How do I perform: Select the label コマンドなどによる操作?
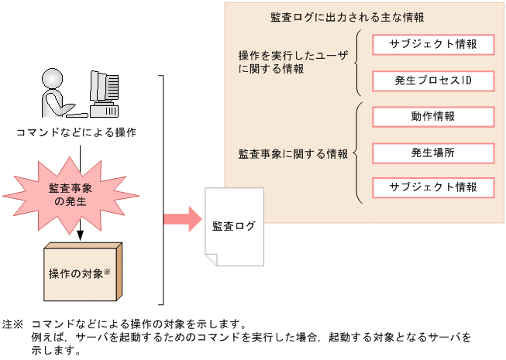(77, 132)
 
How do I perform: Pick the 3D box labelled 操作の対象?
(81, 273)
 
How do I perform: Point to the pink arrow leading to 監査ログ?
(181, 218)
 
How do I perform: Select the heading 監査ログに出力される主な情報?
(347, 16)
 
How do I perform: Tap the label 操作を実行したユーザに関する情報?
(293, 62)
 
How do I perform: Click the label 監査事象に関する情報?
(293, 153)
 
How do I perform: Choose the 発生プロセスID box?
(432, 81)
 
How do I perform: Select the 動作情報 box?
(432, 117)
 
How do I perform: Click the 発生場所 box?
(432, 153)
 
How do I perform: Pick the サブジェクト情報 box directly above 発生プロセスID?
(432, 44)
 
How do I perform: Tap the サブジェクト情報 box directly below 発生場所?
(432, 187)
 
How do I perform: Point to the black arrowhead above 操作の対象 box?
(80, 234)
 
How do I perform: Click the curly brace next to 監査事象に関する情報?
(358, 153)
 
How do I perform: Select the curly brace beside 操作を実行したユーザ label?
(358, 63)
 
